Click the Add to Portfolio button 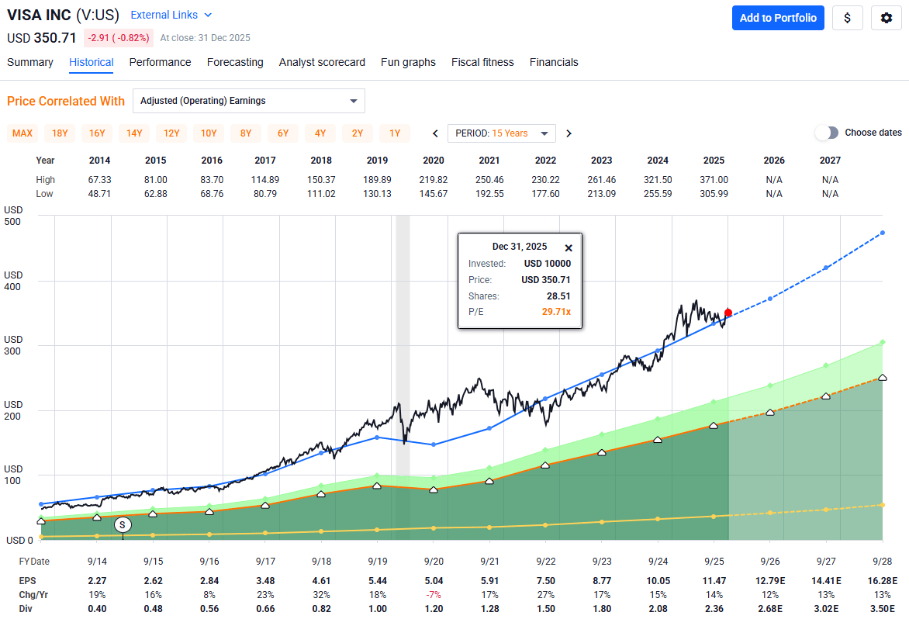pos(778,18)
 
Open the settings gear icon pos(887,18)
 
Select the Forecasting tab pos(235,62)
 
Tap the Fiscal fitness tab pos(482,62)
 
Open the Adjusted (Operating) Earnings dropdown pos(249,101)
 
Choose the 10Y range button pos(209,133)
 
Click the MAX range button pos(22,133)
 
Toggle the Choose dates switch pos(827,133)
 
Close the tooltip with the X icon pos(568,248)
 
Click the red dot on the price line pos(728,313)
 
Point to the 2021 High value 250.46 pos(490,180)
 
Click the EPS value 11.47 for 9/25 pos(714,580)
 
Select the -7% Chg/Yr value pos(434,594)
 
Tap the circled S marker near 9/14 pos(123,525)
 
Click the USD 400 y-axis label pos(13,281)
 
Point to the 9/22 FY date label pos(545,561)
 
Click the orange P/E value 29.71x pos(555,312)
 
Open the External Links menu pos(171,15)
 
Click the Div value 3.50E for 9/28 pos(883,609)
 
